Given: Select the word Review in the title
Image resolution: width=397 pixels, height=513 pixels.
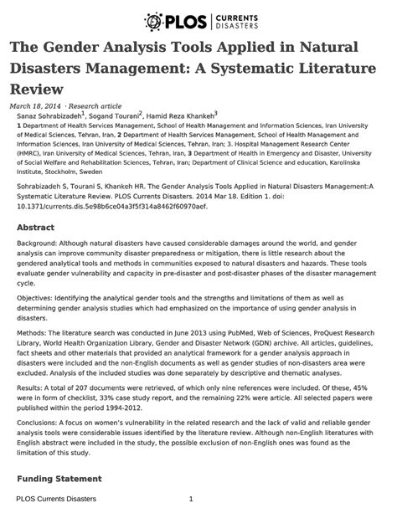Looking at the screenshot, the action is coord(37,86).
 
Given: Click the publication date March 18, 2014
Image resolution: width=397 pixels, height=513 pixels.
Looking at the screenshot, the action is coord(34,106).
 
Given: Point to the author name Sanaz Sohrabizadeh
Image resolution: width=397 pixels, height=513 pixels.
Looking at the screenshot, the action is coord(49,116).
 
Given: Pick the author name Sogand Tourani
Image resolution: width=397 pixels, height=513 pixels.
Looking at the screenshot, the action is coord(114,116).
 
